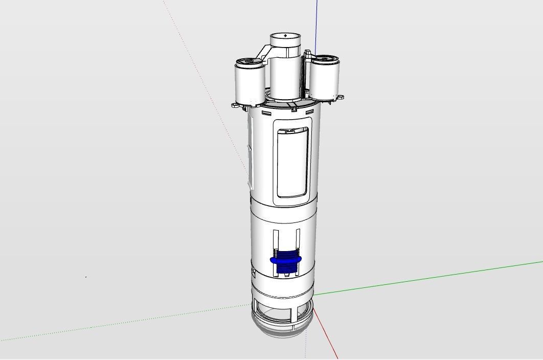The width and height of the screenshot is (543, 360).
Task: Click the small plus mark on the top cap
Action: point(285,36)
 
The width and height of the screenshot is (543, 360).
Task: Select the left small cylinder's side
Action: point(249,84)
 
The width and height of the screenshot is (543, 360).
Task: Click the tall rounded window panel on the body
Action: point(292,163)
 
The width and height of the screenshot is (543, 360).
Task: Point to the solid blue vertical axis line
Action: point(316,26)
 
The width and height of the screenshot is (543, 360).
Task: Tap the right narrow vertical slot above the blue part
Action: point(298,239)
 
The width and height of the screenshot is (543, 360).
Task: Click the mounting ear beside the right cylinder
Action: point(340,97)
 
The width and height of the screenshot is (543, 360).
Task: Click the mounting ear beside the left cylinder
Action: point(235,105)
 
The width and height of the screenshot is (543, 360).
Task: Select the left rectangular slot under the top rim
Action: point(266,113)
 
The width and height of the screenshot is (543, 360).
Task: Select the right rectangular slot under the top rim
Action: point(309,111)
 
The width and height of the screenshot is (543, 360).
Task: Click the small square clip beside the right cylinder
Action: point(307,53)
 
